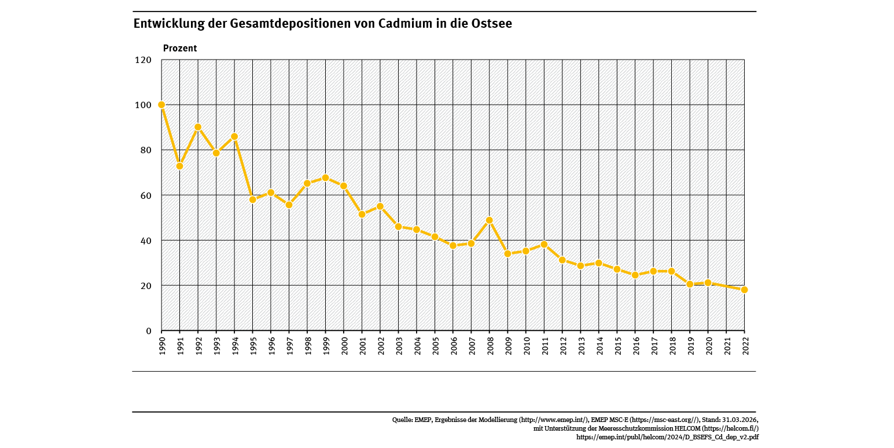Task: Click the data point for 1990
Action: coord(161,105)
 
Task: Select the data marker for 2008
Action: coord(490,220)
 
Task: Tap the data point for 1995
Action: coord(253,199)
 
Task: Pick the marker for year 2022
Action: coord(744,290)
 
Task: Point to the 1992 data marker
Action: coord(198,127)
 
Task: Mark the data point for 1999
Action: coord(325,177)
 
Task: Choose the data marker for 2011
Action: coord(544,245)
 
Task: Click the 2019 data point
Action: coord(690,284)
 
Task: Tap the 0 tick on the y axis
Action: coord(149,331)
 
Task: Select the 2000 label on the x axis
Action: coord(344,345)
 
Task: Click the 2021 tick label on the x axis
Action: coord(726,345)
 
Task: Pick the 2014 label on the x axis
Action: coord(599,345)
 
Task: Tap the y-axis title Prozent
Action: coord(180,49)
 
